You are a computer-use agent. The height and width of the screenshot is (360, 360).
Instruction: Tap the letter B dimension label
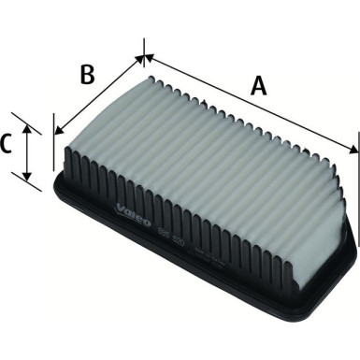[87, 74]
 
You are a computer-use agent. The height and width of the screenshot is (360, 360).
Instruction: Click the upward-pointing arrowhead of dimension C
[29, 129]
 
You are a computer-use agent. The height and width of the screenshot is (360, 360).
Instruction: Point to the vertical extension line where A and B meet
[145, 52]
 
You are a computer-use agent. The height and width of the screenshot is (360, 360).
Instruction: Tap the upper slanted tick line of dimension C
[30, 122]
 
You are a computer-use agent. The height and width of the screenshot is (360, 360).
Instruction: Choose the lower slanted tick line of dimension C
[30, 182]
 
